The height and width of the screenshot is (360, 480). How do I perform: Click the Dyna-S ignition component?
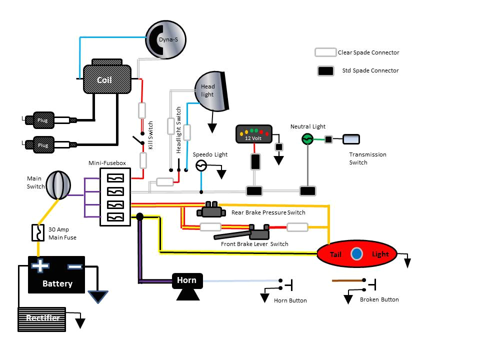point(165,39)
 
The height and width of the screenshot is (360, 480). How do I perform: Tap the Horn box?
point(187,280)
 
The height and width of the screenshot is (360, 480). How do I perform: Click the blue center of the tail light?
point(356,254)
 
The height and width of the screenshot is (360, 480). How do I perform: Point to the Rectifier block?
point(42,319)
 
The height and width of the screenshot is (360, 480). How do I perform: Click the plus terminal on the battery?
point(39,266)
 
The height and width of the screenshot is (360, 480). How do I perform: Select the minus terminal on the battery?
point(74,266)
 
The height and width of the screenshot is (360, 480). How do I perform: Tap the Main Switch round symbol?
point(59,185)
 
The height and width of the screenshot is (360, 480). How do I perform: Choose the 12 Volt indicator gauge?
point(254,134)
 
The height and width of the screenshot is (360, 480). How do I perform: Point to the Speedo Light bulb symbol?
point(201,166)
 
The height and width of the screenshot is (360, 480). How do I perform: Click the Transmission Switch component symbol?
point(350,139)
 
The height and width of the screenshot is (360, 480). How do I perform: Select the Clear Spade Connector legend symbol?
point(325,52)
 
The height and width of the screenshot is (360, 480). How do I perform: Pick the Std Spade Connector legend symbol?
point(325,71)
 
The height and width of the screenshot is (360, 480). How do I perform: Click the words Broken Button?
point(379,299)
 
